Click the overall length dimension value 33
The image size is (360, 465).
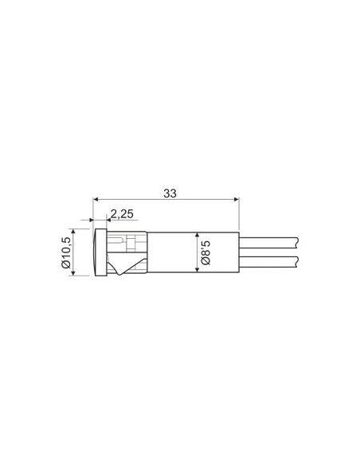pyautogui.click(x=170, y=193)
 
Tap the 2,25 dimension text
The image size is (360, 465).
pyautogui.click(x=122, y=214)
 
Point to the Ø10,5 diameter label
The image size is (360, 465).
pyautogui.click(x=66, y=252)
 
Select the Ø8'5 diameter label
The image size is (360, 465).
pyautogui.click(x=205, y=252)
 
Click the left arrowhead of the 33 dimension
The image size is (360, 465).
pyautogui.click(x=96, y=199)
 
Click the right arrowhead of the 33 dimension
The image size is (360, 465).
pyautogui.click(x=237, y=199)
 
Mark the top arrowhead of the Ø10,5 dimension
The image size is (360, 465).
pyautogui.click(x=73, y=232)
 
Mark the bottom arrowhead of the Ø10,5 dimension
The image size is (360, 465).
pyautogui.click(x=73, y=273)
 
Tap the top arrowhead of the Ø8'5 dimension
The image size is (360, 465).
pyautogui.click(x=197, y=235)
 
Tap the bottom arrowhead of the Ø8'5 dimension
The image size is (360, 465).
pyautogui.click(x=197, y=270)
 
